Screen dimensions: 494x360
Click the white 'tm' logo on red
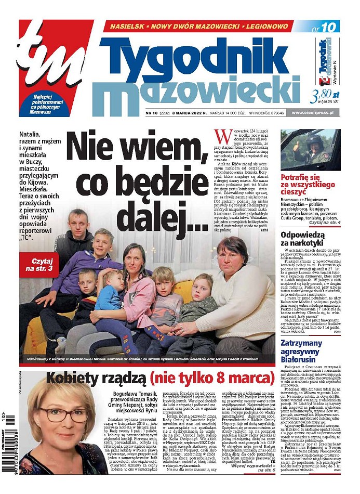52,57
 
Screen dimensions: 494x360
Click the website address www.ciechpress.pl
315,112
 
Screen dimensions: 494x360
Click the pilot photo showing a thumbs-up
310,149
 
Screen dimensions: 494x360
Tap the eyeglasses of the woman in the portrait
63,414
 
